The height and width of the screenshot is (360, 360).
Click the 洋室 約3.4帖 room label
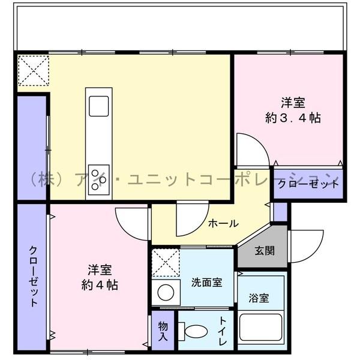pos(293,109)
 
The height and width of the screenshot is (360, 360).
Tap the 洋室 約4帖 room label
pos(99,277)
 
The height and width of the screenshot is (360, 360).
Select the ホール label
pos(223,223)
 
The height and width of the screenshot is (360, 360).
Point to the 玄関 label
pos(264,251)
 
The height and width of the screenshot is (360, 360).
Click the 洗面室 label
pos(207,281)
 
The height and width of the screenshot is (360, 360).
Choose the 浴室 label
pos(259,298)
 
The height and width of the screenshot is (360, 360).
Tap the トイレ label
pos(223,332)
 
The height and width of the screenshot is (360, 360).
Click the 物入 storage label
pos(164,331)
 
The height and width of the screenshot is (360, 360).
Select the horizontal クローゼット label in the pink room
pos(308,185)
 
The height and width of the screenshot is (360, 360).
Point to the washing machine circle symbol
pos(165,293)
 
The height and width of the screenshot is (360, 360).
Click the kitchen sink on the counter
pos(99,106)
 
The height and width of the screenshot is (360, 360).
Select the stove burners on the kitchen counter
pos(98,178)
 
